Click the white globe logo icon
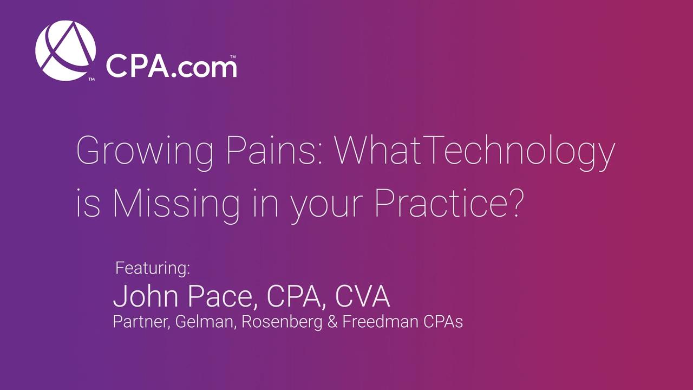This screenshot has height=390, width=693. pyautogui.click(x=66, y=50)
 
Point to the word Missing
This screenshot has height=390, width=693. pyautogui.click(x=176, y=205)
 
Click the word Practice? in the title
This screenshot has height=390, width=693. pyautogui.click(x=449, y=202)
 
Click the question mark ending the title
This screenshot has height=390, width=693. pyautogui.click(x=515, y=203)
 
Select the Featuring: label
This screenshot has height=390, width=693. pyautogui.click(x=153, y=268)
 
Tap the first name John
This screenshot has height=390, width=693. pyautogui.click(x=146, y=296)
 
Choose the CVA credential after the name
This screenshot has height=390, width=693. pyautogui.click(x=362, y=296)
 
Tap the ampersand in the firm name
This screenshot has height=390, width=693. pyautogui.click(x=332, y=322)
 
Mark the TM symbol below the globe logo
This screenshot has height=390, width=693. pyautogui.click(x=91, y=80)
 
